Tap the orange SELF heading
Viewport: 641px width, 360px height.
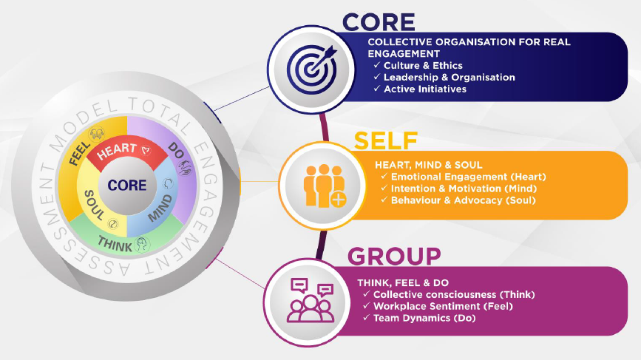[386, 140]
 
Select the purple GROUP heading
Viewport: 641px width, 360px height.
[394, 257]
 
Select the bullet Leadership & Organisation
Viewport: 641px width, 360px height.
[449, 78]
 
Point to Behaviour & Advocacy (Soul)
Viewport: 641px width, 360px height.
[458, 200]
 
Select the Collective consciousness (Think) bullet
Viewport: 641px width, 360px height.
[453, 294]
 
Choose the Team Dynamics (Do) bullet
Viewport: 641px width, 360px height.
[424, 318]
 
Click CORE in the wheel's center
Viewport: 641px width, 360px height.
[127, 186]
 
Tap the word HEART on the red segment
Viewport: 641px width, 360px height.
[118, 151]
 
